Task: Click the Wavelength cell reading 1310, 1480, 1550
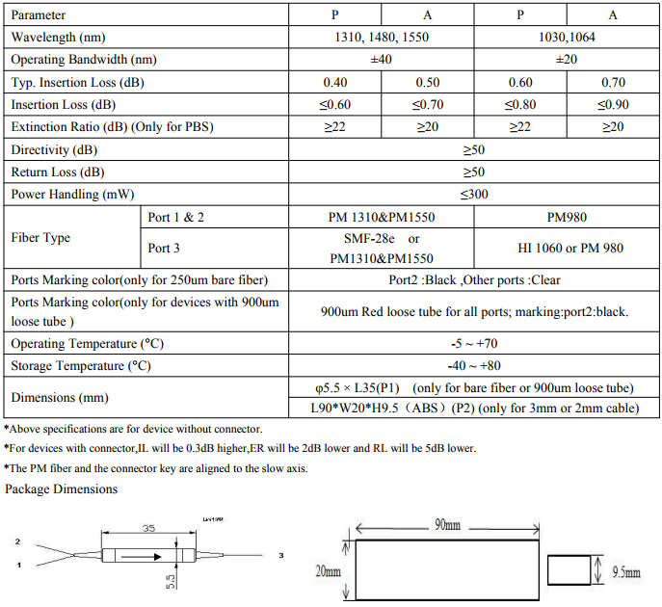click(x=382, y=38)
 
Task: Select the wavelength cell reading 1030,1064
click(x=568, y=38)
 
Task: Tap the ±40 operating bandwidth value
click(x=382, y=60)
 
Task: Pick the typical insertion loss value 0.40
click(x=335, y=82)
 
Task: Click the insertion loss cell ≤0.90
click(x=613, y=105)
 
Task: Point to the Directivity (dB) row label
click(x=54, y=150)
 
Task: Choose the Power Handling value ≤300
click(x=474, y=195)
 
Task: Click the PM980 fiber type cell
click(x=568, y=218)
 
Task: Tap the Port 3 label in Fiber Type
click(x=165, y=248)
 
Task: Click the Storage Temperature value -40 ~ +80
click(x=474, y=366)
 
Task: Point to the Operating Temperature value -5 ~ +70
click(x=474, y=343)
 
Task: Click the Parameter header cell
click(x=40, y=14)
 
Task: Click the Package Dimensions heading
click(x=62, y=489)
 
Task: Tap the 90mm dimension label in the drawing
click(x=446, y=525)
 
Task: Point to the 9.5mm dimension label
click(x=626, y=571)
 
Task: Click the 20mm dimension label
click(x=329, y=571)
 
